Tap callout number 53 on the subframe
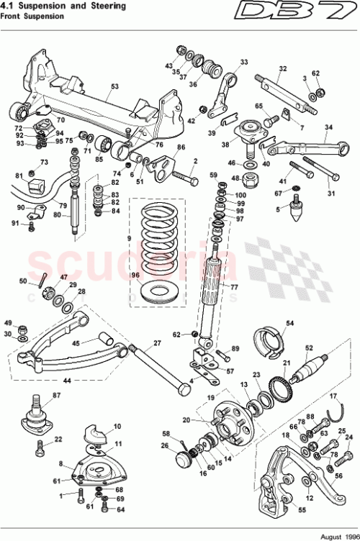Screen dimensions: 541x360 point(114,86)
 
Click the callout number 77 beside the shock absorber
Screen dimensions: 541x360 point(233,286)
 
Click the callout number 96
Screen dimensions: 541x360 point(133,275)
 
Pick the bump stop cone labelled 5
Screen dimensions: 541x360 point(294,211)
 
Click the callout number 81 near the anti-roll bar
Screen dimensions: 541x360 point(19,176)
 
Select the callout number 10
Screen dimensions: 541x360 point(117,426)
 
